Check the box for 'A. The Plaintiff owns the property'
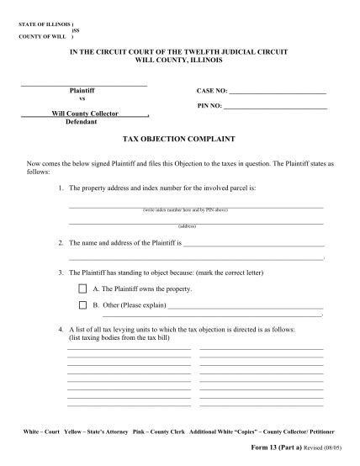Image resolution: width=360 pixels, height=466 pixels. coord(82,289)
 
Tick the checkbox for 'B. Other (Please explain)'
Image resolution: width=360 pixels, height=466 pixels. coord(82,304)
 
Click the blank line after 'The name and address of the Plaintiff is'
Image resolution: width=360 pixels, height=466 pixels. coord(253,245)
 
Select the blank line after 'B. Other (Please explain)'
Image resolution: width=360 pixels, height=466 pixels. coord(246,306)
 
